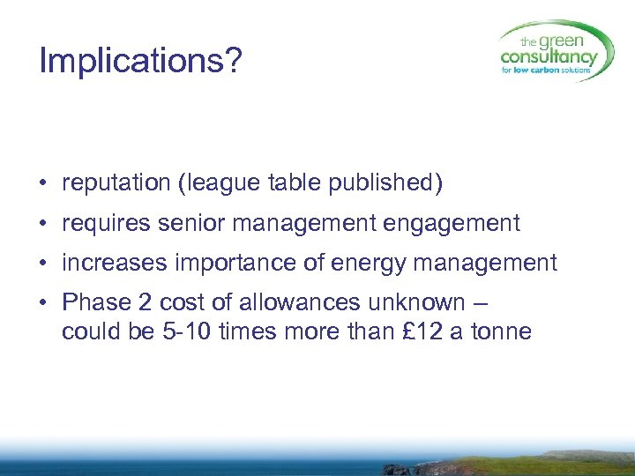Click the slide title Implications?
coord(139,62)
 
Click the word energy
coord(370,263)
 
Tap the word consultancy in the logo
coord(549,57)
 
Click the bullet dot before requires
coord(43,225)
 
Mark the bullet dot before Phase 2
coord(43,303)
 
